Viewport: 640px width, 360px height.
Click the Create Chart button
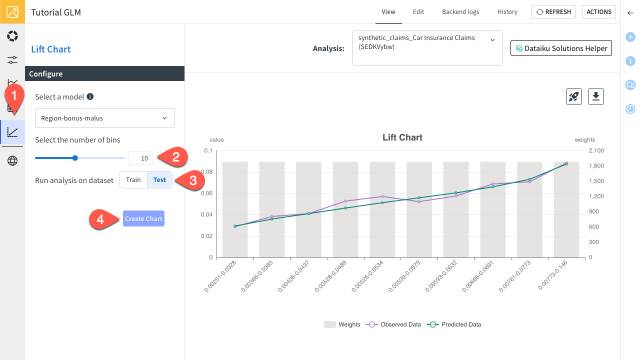[143, 218]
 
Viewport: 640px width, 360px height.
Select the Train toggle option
[133, 180]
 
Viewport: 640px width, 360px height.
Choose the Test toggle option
[159, 180]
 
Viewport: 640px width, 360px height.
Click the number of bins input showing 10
[140, 158]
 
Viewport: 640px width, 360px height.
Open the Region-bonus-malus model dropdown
[104, 118]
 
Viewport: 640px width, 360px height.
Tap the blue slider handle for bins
[75, 158]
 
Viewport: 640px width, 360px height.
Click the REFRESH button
[553, 12]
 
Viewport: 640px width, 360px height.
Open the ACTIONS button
[598, 12]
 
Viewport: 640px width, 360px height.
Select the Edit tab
[418, 12]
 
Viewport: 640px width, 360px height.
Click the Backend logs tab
[460, 12]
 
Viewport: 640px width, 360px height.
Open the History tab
[507, 12]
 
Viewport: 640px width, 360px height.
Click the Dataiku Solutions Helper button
[561, 48]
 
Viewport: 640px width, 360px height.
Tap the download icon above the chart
[595, 96]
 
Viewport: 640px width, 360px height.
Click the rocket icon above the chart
[574, 96]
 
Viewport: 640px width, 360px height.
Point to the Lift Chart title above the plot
[402, 137]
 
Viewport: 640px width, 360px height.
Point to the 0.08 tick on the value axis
[206, 172]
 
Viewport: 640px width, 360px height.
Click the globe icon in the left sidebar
[12, 160]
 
